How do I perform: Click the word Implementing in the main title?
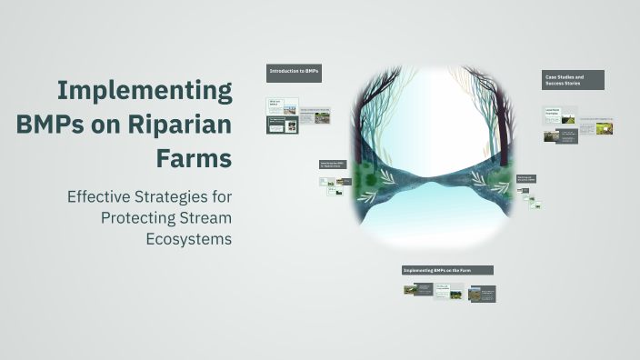(x=145, y=91)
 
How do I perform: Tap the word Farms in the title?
(x=195, y=157)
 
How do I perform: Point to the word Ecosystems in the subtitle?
(x=189, y=239)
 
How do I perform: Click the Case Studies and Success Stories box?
(x=573, y=80)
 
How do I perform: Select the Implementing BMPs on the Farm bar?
(x=447, y=270)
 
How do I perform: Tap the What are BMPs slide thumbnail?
(x=282, y=106)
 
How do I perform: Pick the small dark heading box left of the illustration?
(x=333, y=165)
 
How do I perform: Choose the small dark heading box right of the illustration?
(x=526, y=178)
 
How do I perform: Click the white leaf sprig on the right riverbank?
(x=496, y=187)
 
